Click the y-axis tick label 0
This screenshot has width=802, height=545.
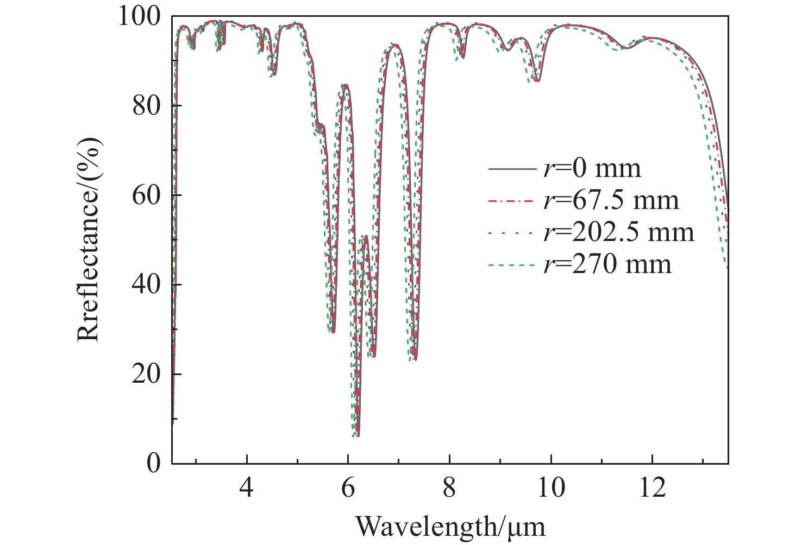pos(154,463)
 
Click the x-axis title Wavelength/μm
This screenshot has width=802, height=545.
pos(450,525)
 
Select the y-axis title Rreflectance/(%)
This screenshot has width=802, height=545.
pos(89,239)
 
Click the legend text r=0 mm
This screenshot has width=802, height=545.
pos(592,169)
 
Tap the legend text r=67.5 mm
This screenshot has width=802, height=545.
pos(611,201)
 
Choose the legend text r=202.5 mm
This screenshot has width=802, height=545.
pos(618,233)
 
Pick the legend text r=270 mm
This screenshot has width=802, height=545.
pos(607,265)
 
